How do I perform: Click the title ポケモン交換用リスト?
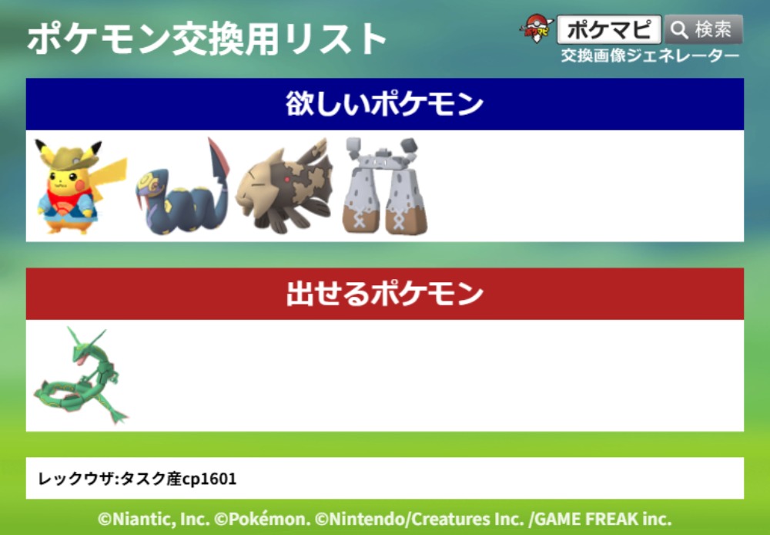[206, 39]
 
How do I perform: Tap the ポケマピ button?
[609, 29]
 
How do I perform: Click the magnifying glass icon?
[679, 30]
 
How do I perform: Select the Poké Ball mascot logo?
[537, 29]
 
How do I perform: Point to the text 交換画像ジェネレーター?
[650, 56]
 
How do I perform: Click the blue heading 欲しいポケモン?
[384, 104]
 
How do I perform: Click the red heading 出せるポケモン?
[384, 294]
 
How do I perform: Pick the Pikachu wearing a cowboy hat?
[79, 187]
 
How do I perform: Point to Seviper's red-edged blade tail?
[219, 160]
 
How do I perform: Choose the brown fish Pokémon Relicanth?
[285, 186]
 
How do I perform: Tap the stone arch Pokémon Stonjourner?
[385, 187]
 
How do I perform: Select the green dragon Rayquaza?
[79, 375]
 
